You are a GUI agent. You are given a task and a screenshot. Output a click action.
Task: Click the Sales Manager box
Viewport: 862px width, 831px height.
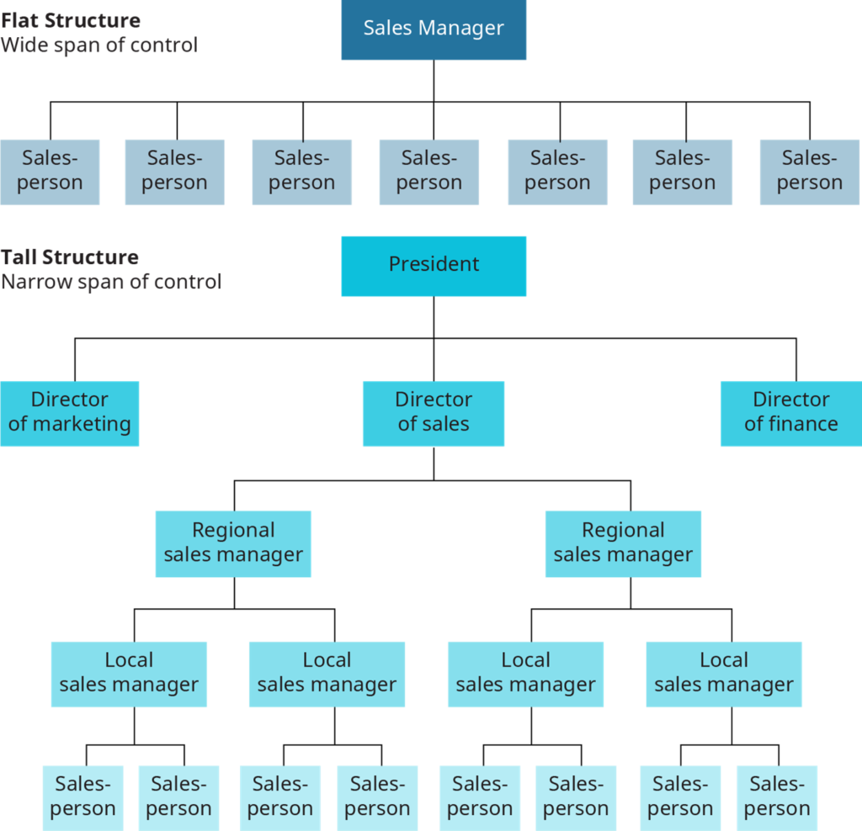[x=434, y=30]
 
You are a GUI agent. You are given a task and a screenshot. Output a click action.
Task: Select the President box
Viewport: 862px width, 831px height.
[x=434, y=265]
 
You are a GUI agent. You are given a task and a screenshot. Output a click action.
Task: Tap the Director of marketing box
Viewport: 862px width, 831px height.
[x=69, y=412]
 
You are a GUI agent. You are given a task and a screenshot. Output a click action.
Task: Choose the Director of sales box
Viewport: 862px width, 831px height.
[x=434, y=412]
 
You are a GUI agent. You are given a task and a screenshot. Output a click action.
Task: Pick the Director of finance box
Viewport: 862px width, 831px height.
[x=790, y=412]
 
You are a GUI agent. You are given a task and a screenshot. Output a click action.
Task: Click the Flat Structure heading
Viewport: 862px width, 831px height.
[x=71, y=21]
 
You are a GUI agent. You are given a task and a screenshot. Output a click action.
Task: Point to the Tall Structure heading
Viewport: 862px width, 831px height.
[x=70, y=257]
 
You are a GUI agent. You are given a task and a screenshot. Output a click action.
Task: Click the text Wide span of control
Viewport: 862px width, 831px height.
[x=98, y=45]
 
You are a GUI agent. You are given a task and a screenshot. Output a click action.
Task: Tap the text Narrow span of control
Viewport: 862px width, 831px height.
[x=110, y=282]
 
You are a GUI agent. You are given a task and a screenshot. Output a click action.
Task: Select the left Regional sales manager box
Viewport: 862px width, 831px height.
[x=233, y=543]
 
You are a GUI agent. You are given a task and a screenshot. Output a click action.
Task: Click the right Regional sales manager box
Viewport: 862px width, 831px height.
[x=623, y=543]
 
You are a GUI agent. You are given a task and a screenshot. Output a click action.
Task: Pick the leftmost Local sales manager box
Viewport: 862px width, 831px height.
[x=129, y=673]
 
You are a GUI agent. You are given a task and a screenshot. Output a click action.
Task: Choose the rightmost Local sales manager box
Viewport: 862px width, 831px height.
[x=724, y=673]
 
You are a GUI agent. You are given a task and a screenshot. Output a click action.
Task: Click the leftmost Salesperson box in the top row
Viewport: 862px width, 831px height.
[x=50, y=172]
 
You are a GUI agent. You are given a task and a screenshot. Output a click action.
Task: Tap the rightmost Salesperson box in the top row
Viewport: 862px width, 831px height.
[x=809, y=172]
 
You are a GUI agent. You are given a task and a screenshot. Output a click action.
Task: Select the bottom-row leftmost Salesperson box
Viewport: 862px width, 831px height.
[x=83, y=797]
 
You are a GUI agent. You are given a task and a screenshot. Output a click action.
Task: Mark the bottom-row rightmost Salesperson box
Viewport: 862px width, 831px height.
[x=776, y=797]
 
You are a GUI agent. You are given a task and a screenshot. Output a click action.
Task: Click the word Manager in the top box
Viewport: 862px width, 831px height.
[x=466, y=28]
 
